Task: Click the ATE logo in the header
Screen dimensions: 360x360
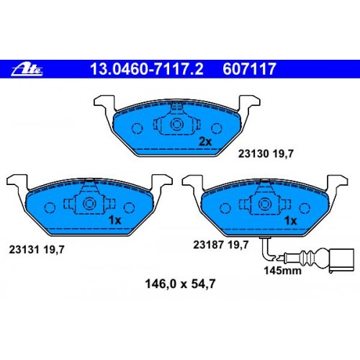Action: tap(28, 70)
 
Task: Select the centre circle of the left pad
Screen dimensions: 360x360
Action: tap(90, 203)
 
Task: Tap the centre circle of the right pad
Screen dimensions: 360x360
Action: tap(264, 203)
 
